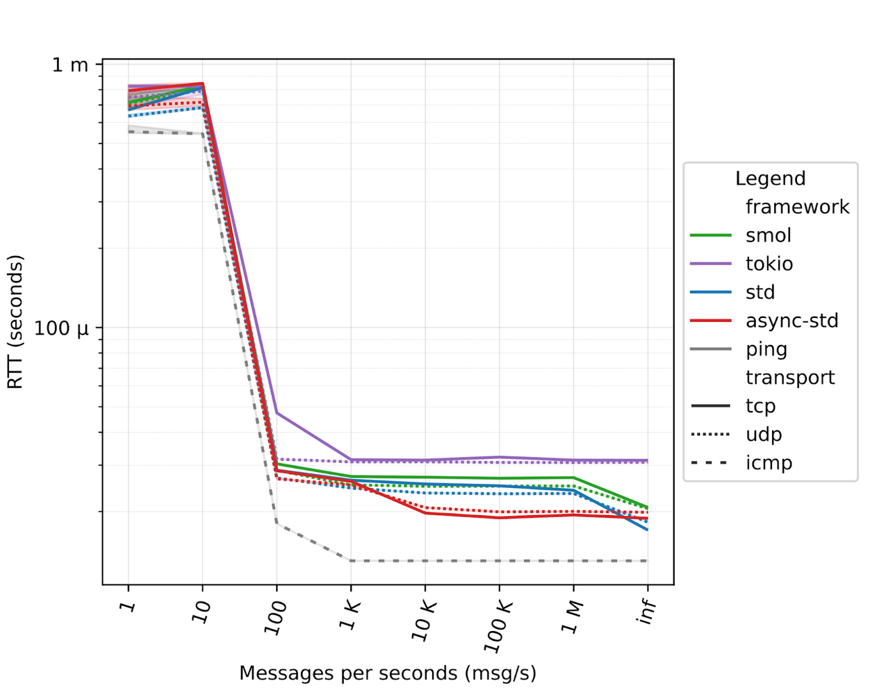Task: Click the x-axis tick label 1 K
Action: click(x=350, y=615)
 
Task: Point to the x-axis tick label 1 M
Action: click(x=573, y=617)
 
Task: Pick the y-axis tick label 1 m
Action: click(x=70, y=65)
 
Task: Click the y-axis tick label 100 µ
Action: click(x=62, y=328)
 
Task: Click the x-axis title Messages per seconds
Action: click(x=388, y=673)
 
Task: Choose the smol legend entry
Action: click(x=768, y=235)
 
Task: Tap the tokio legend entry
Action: click(x=769, y=264)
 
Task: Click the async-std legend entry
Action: click(x=791, y=321)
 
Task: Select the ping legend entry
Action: click(x=766, y=349)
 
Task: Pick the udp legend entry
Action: click(x=764, y=435)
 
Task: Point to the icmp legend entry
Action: click(x=769, y=463)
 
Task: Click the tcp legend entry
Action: click(x=760, y=406)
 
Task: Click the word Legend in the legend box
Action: click(x=770, y=178)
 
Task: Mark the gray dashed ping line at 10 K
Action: click(x=425, y=560)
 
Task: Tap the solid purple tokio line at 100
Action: click(x=277, y=412)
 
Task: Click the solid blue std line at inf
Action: click(x=647, y=530)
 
